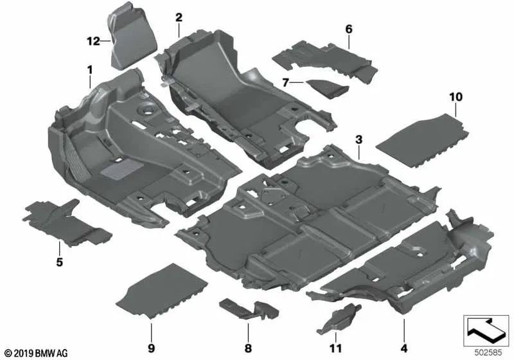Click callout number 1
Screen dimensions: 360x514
[x=91, y=68]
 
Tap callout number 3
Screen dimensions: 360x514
[x=359, y=139]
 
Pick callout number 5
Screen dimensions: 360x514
[x=59, y=262]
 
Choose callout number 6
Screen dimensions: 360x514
[x=349, y=29]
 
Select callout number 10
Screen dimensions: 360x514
[x=456, y=97]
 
